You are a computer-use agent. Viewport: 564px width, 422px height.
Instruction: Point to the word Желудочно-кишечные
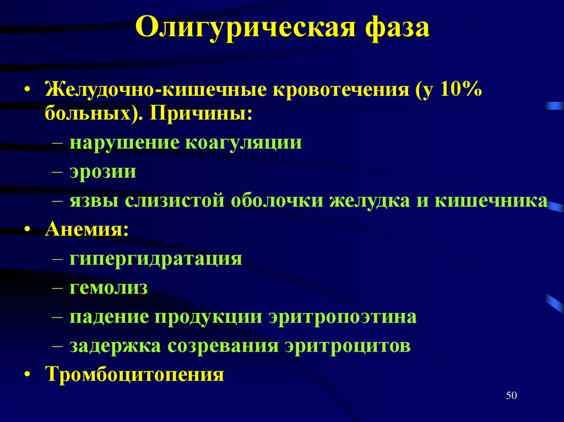coord(154,89)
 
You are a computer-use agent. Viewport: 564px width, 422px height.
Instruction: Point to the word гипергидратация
coord(156,259)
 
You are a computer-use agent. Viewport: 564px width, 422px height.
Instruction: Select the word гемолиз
coord(109,288)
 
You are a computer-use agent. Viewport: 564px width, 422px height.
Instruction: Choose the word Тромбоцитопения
coord(134,375)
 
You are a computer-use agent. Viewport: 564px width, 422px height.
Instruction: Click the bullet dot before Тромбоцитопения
coord(27,375)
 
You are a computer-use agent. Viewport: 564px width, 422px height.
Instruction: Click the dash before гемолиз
coord(59,288)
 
